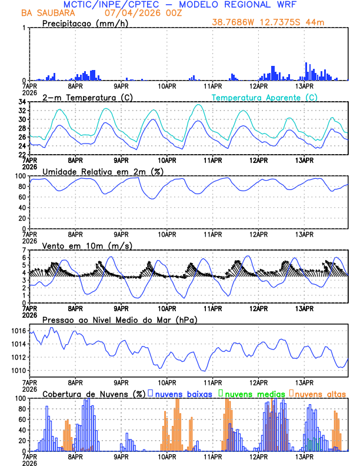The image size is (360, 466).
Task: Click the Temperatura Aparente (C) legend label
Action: coord(265,97)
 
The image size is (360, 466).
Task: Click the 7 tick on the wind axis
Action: coord(25,250)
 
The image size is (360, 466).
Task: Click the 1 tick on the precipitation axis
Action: coord(25,28)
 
